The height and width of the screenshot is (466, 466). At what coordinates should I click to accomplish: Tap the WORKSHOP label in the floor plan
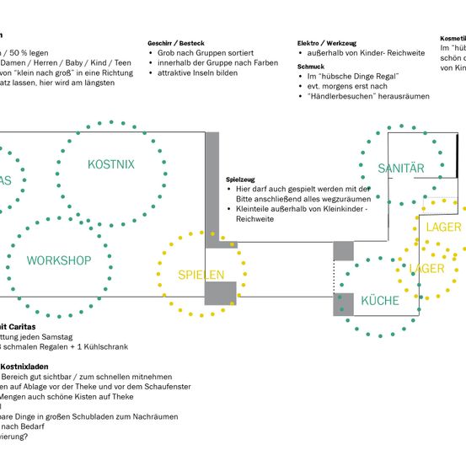click(x=59, y=260)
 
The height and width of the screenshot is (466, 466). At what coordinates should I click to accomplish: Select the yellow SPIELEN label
click(x=201, y=275)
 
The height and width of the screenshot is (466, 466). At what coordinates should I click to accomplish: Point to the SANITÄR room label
click(x=400, y=169)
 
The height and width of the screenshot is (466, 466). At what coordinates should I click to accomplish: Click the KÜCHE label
click(x=380, y=301)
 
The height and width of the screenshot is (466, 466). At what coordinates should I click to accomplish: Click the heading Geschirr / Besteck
click(x=175, y=42)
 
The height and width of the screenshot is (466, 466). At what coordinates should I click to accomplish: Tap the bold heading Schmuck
click(x=311, y=65)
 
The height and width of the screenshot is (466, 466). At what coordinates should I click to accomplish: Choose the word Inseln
click(x=217, y=73)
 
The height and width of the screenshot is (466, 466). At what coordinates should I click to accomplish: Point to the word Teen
click(x=122, y=62)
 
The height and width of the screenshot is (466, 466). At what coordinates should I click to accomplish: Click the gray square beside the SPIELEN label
click(x=221, y=292)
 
